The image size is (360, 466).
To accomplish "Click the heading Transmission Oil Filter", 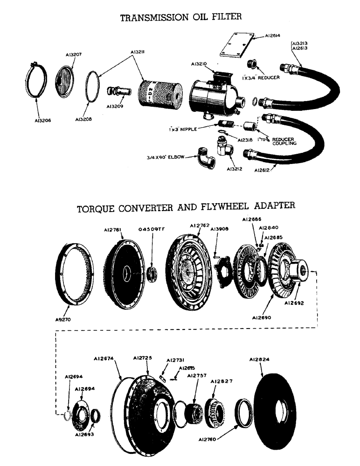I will coord(181,18).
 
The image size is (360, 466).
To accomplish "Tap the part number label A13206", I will coord(43,120).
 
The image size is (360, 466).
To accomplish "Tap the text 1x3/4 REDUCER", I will coord(261,78).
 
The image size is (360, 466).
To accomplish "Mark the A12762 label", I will coord(199,226).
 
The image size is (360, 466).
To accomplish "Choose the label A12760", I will coord(208,439).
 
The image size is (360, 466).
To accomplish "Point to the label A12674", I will coord(104,359).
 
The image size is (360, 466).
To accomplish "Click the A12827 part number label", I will coord(221,381).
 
